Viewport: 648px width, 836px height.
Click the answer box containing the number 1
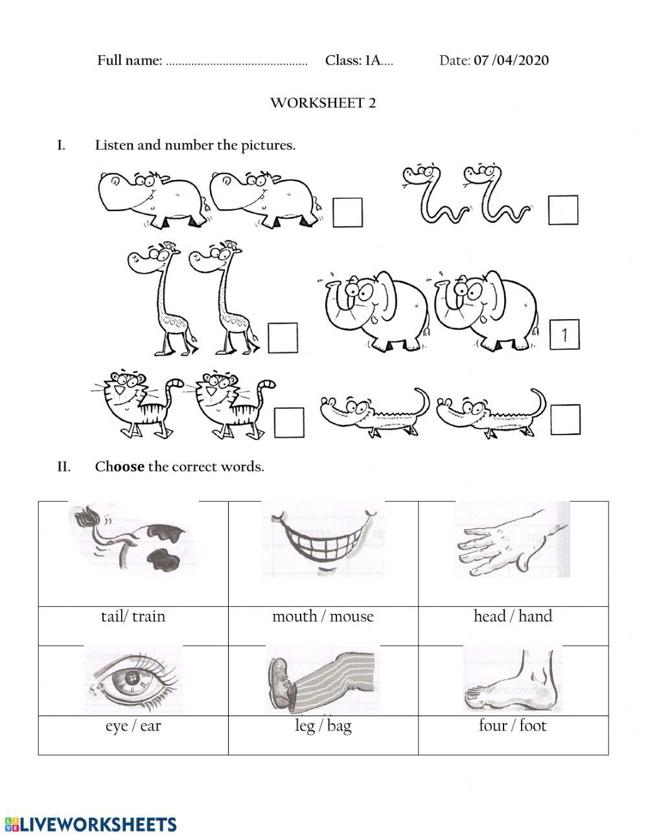[x=564, y=335]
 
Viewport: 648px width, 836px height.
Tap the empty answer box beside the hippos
[x=347, y=212]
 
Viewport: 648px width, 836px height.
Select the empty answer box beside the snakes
[x=562, y=210]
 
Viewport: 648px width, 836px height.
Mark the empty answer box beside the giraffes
[x=283, y=338]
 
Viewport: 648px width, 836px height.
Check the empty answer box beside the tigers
[x=289, y=422]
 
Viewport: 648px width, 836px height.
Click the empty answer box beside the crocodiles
[x=565, y=420]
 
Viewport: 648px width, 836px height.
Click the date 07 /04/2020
[x=511, y=61]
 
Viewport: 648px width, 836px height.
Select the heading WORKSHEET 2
[x=323, y=103]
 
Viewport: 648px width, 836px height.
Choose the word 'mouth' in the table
[x=294, y=616]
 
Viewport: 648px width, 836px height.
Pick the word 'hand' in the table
[x=535, y=616]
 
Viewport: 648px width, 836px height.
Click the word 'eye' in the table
[x=117, y=726]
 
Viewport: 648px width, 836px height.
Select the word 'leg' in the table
[x=305, y=726]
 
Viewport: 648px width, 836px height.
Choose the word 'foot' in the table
[x=533, y=726]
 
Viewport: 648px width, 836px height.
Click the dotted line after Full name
[x=237, y=63]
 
